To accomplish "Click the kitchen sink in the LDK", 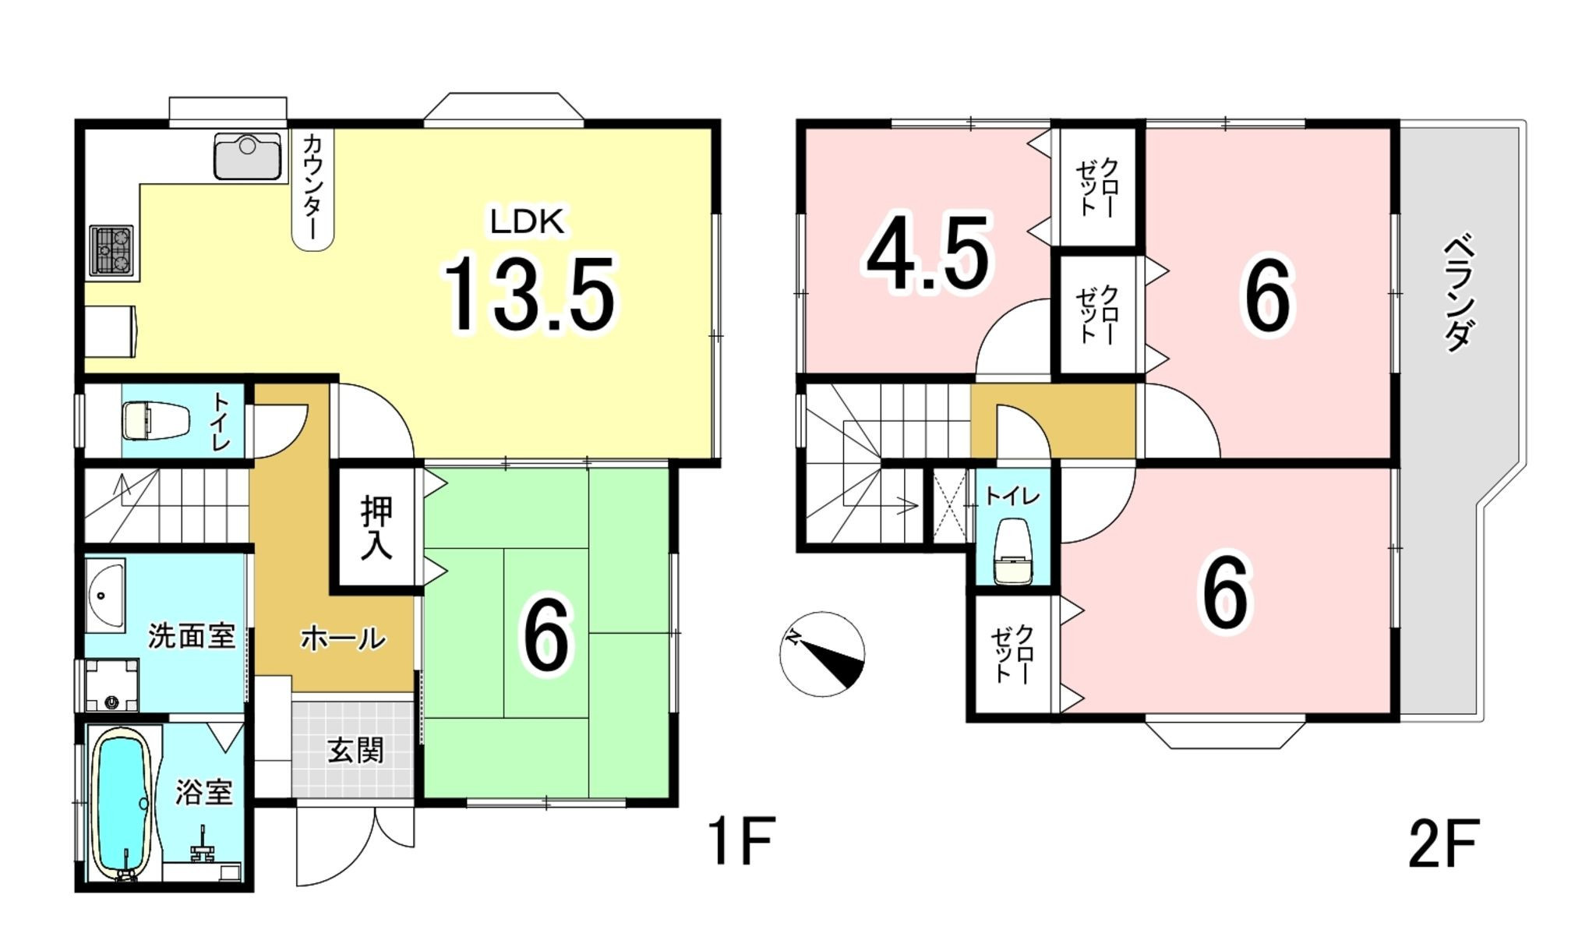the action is pyautogui.click(x=248, y=156).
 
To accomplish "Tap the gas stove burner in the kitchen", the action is pyautogui.click(x=111, y=250).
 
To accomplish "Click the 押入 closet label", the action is pyautogui.click(x=377, y=528).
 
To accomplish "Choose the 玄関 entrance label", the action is pyautogui.click(x=355, y=751).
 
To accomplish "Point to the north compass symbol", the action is pyautogui.click(x=822, y=654).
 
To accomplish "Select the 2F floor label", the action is pyautogui.click(x=1443, y=843).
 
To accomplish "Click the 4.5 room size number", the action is pyautogui.click(x=928, y=253).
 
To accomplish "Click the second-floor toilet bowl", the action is pyautogui.click(x=1013, y=552).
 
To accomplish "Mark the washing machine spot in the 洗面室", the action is pyautogui.click(x=111, y=685).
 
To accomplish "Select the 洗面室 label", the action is pyautogui.click(x=192, y=636).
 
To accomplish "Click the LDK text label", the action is pyautogui.click(x=527, y=222).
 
